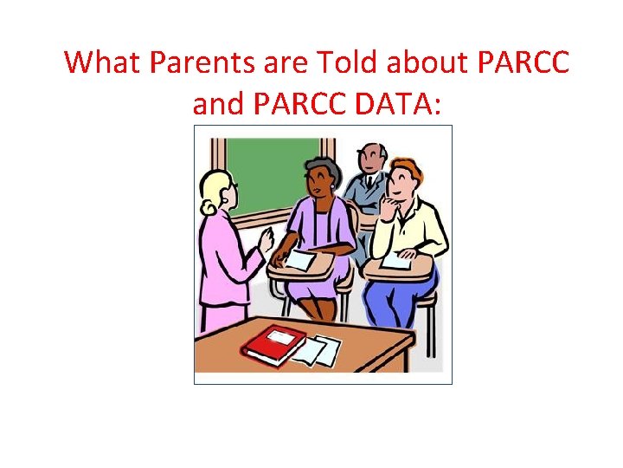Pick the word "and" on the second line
(219, 104)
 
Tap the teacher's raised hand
(266, 235)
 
